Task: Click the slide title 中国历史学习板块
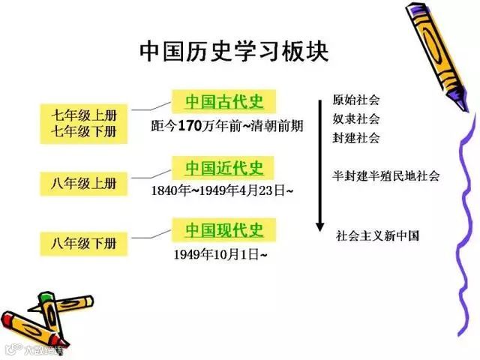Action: [x=233, y=52]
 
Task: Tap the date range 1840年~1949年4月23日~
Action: [x=222, y=190]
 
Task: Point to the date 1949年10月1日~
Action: [x=220, y=254]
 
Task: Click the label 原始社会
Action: [x=356, y=100]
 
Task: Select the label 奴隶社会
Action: [x=356, y=118]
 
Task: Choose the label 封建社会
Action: [x=356, y=137]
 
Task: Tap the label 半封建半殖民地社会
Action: [x=385, y=176]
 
